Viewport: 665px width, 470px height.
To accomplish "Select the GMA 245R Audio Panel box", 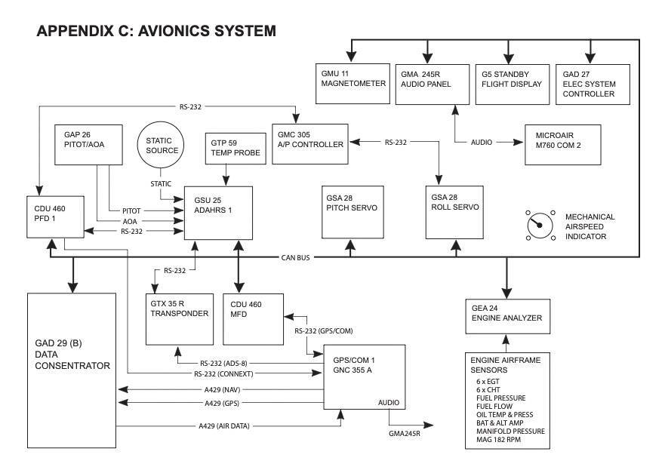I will click(x=428, y=84).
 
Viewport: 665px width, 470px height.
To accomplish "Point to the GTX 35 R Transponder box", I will click(x=178, y=318).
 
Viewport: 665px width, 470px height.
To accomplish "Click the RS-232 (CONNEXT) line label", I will click(x=223, y=374).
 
